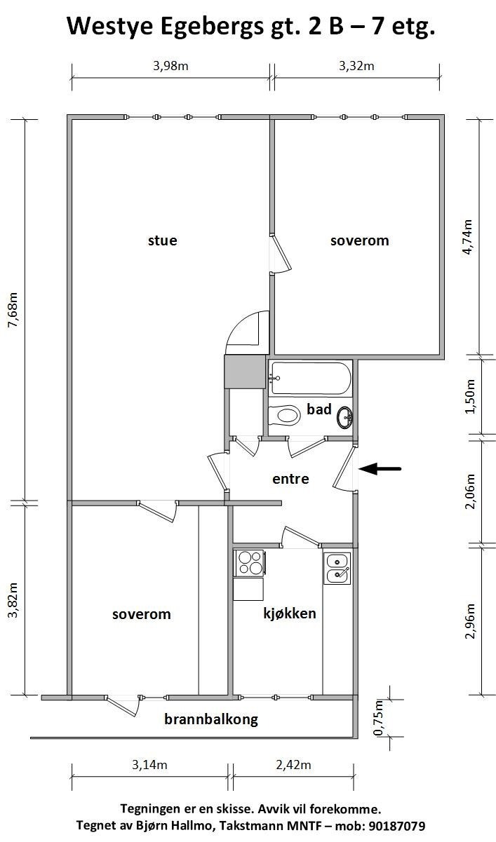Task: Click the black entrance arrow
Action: (x=380, y=469)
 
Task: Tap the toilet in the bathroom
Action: (x=285, y=415)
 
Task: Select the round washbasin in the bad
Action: (x=344, y=418)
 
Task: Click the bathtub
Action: (x=311, y=378)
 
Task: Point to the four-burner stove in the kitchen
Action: (x=249, y=563)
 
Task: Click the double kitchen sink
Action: (x=337, y=568)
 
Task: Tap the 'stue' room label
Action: (x=163, y=240)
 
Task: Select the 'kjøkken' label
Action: (x=290, y=613)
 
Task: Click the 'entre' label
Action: (x=290, y=479)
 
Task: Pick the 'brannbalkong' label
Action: (x=211, y=719)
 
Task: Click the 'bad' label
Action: (x=319, y=409)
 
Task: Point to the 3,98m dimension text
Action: (x=170, y=66)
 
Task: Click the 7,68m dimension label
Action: (x=13, y=310)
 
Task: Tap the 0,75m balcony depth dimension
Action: (x=378, y=717)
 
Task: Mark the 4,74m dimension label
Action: (x=467, y=237)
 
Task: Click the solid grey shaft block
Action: (x=244, y=372)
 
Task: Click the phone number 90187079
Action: (x=396, y=825)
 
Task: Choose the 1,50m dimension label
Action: (x=470, y=396)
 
